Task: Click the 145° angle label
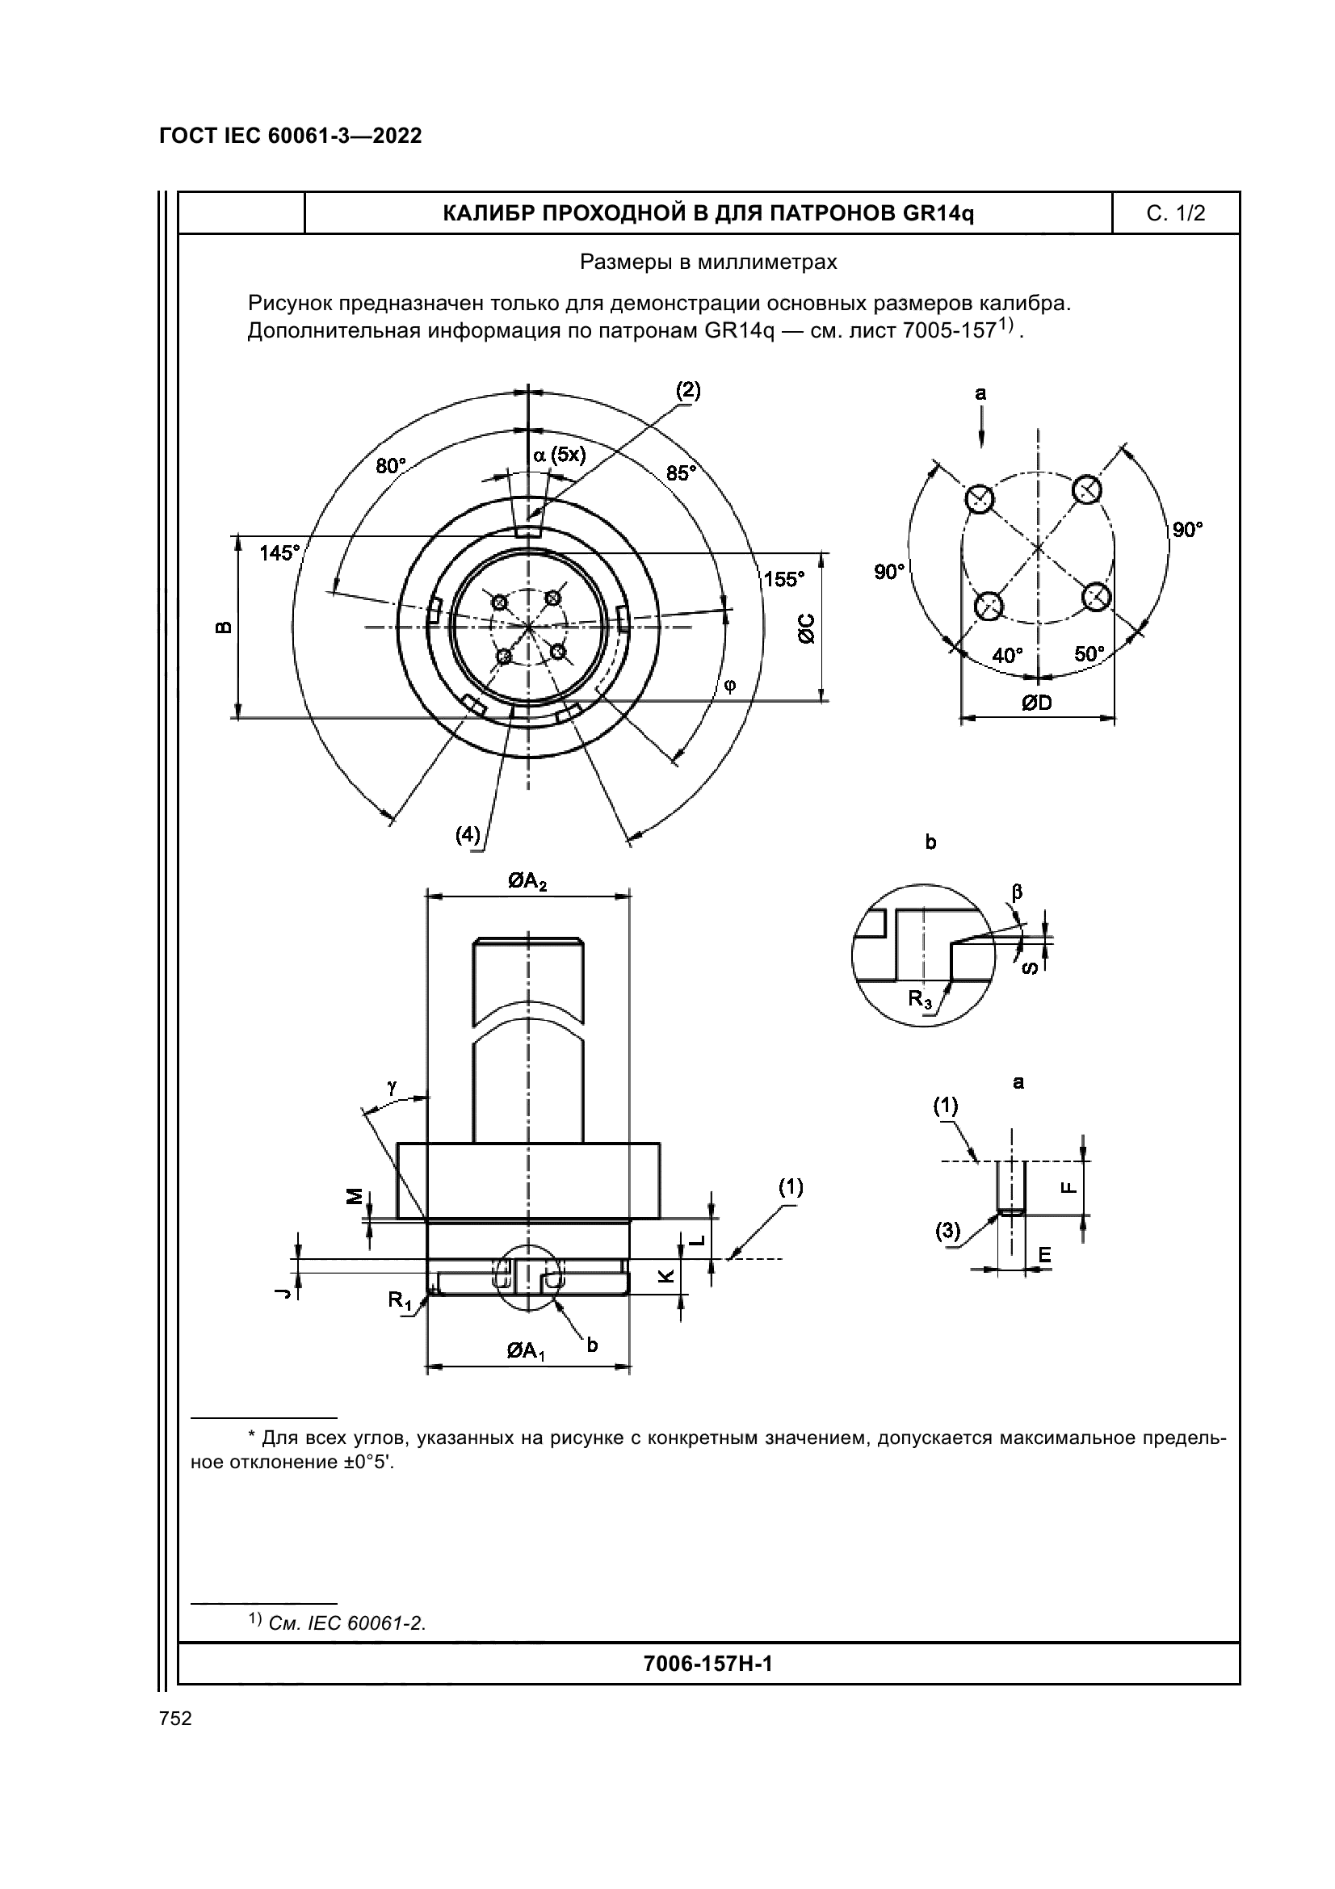pyautogui.click(x=279, y=553)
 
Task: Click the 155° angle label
pyautogui.click(x=784, y=579)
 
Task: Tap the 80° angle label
pyautogui.click(x=392, y=467)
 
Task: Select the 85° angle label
pyautogui.click(x=681, y=473)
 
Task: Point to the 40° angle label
pyautogui.click(x=1008, y=656)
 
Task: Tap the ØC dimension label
pyautogui.click(x=806, y=628)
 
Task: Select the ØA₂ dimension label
pyautogui.click(x=528, y=883)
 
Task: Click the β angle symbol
pyautogui.click(x=1018, y=892)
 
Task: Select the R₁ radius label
pyautogui.click(x=401, y=1300)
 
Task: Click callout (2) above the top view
pyautogui.click(x=688, y=390)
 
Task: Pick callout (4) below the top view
pyautogui.click(x=468, y=834)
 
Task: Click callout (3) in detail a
pyautogui.click(x=948, y=1231)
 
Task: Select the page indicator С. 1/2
pyautogui.click(x=1175, y=214)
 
